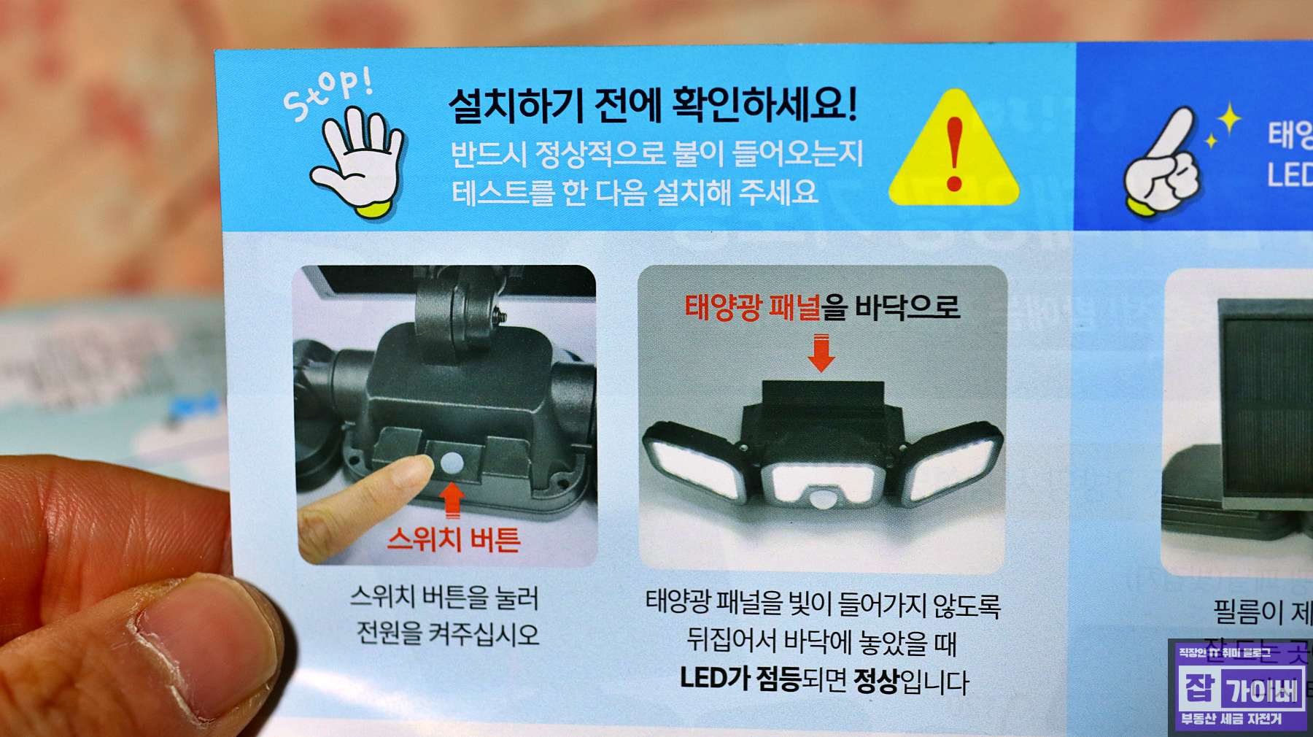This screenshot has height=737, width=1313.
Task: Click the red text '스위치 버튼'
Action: pyautogui.click(x=453, y=539)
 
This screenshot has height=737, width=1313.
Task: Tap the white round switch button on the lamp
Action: pyautogui.click(x=452, y=462)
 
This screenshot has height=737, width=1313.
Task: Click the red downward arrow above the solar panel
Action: pyautogui.click(x=821, y=352)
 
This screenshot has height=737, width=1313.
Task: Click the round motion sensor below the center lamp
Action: pyautogui.click(x=823, y=500)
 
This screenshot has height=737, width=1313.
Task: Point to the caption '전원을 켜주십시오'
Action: pyautogui.click(x=447, y=633)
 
